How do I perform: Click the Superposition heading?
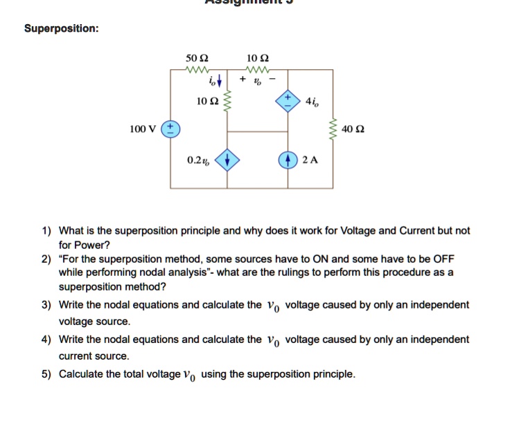pyautogui.click(x=61, y=29)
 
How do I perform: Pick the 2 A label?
pyautogui.click(x=310, y=160)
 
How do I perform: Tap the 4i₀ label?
pyautogui.click(x=313, y=101)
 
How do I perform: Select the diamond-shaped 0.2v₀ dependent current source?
pyautogui.click(x=228, y=160)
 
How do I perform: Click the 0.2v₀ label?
pyautogui.click(x=198, y=160)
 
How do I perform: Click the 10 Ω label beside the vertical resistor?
pyautogui.click(x=206, y=101)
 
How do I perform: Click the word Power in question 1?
pyautogui.click(x=95, y=244)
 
